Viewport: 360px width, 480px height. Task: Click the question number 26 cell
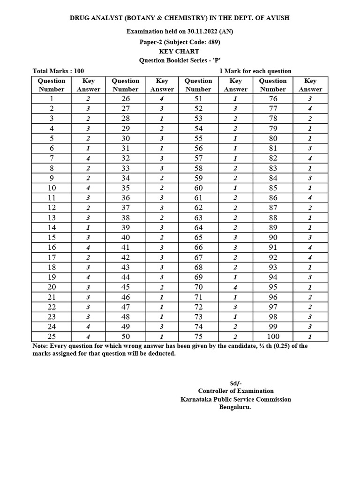pyautogui.click(x=125, y=98)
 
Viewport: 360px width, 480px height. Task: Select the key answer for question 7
pyautogui.click(x=88, y=158)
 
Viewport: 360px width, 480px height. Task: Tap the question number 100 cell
pyautogui.click(x=273, y=337)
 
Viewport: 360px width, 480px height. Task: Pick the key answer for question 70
pyautogui.click(x=235, y=287)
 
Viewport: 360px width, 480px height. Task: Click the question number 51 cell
pyautogui.click(x=198, y=98)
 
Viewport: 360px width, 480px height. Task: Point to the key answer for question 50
pyautogui.click(x=161, y=337)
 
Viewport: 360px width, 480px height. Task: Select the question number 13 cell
pyautogui.click(x=52, y=217)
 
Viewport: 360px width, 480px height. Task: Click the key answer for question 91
pyautogui.click(x=310, y=247)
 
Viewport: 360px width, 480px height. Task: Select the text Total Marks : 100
pyautogui.click(x=58, y=71)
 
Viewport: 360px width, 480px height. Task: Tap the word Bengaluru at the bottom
pyautogui.click(x=235, y=407)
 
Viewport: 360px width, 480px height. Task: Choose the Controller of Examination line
pyautogui.click(x=236, y=390)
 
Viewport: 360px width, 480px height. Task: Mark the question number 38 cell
pyautogui.click(x=125, y=217)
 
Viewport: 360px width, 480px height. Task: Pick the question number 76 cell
pyautogui.click(x=273, y=98)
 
